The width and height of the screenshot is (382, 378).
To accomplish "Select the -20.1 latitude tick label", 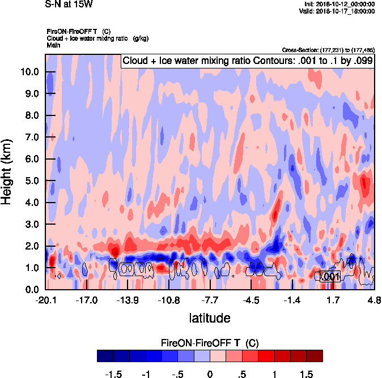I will coord(45,300).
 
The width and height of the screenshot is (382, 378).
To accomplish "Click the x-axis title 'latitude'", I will coord(210,318).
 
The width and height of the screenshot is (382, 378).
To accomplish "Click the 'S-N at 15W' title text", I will coord(69,4).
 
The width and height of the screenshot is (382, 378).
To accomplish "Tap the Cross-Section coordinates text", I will coord(328,50).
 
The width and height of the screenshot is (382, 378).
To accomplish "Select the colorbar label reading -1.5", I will coord(114,374).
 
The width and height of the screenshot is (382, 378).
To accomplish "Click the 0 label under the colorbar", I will coord(210,374).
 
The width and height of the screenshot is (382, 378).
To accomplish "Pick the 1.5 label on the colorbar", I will coord(306,374).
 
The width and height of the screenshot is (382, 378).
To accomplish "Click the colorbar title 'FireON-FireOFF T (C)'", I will coord(210,343).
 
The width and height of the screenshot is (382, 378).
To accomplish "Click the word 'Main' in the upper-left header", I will coord(53,44).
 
